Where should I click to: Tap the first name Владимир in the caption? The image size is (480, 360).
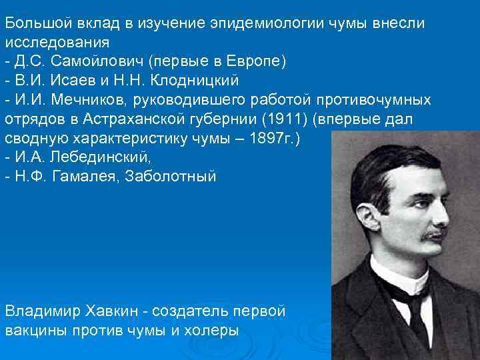(41, 311)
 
